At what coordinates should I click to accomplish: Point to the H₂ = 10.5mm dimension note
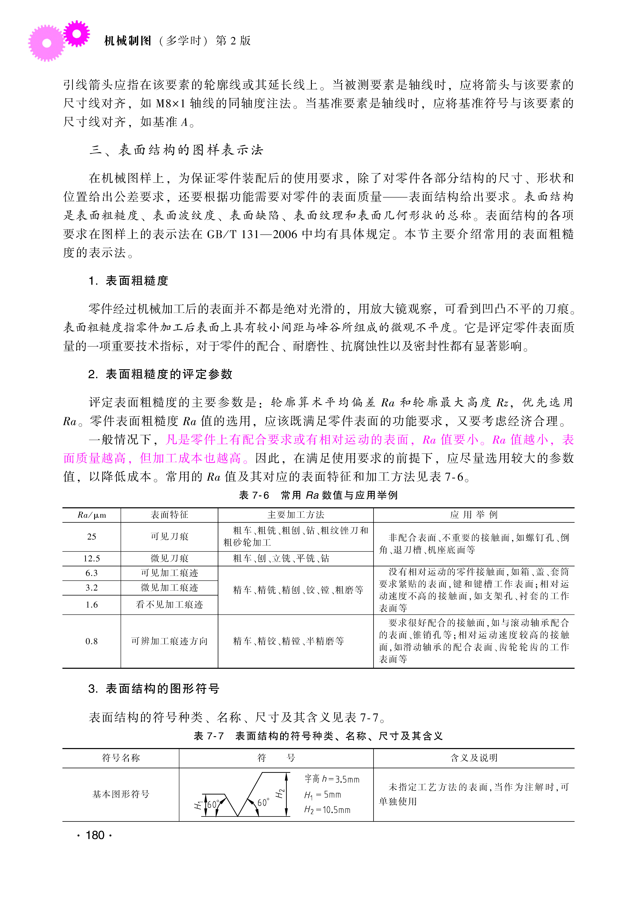click(x=327, y=810)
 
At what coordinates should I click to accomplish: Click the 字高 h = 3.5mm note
click(x=332, y=779)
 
